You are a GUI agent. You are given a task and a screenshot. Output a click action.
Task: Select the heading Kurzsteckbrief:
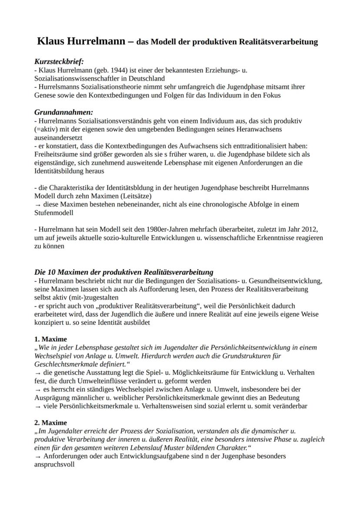[x=59, y=62]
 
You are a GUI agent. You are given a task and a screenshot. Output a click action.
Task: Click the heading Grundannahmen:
[x=63, y=112]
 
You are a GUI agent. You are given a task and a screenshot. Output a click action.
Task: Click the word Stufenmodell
[x=54, y=213]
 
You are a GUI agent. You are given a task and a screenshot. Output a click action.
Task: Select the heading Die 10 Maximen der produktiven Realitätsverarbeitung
[x=124, y=272]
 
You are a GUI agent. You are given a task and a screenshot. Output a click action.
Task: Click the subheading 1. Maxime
[x=50, y=339]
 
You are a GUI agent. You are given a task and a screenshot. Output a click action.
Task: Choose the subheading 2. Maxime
[x=50, y=423]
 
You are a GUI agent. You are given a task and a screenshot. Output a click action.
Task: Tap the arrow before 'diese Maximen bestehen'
[x=37, y=205]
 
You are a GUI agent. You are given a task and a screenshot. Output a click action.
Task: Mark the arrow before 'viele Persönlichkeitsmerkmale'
[x=37, y=406]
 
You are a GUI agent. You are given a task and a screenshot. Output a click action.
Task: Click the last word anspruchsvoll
[x=54, y=465]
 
